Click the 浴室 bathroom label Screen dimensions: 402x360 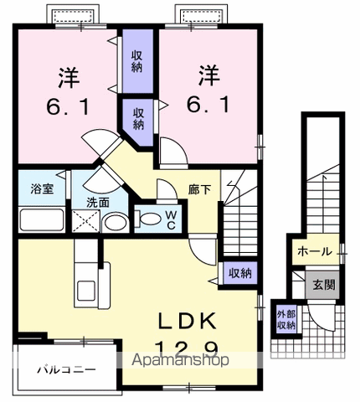click(x=43, y=189)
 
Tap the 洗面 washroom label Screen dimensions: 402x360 click(x=97, y=202)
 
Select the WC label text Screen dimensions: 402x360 click(x=171, y=219)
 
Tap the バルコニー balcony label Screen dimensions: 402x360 click(x=66, y=369)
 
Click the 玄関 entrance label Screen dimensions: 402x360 click(x=325, y=284)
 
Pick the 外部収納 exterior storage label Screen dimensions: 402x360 click(x=286, y=320)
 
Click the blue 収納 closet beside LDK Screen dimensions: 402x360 click(x=241, y=273)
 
